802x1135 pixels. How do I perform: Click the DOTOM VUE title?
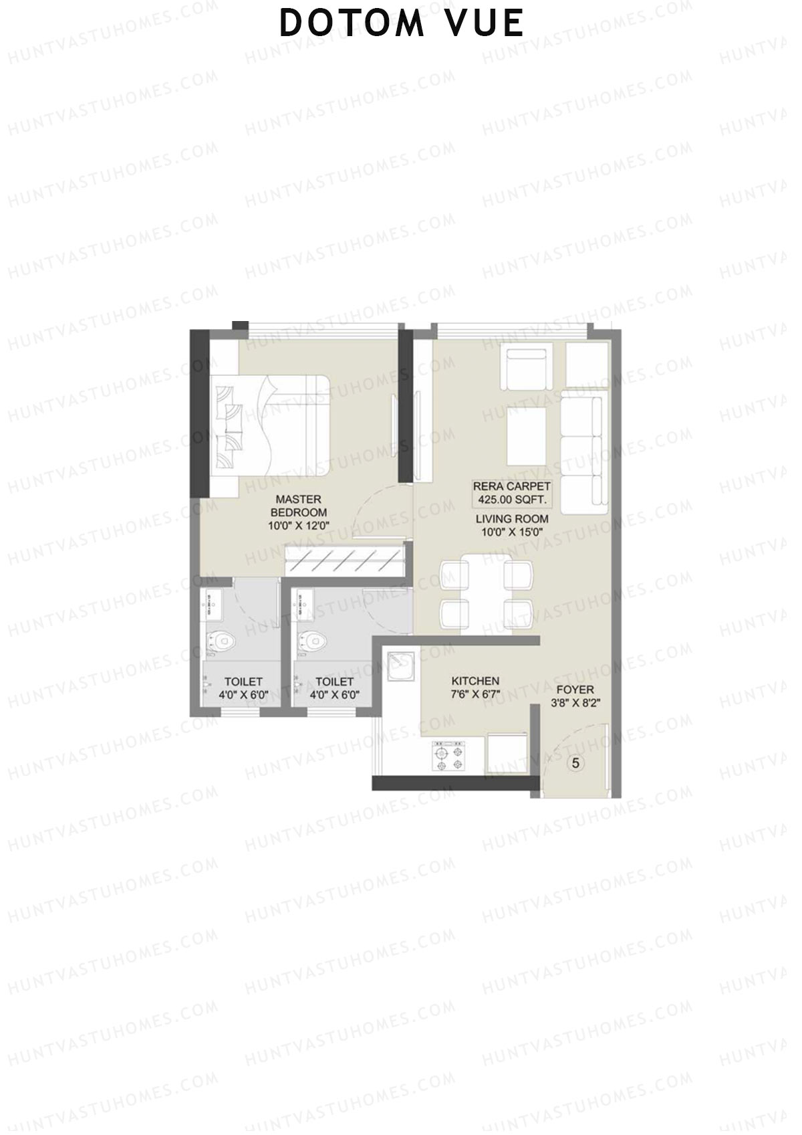[401, 23]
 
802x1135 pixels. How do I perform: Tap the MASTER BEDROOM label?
[298, 506]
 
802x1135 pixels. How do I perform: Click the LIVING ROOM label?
[512, 519]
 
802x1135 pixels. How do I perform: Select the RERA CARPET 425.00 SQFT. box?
[512, 493]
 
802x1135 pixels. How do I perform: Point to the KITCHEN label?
[475, 681]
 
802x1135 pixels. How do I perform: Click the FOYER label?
[574, 690]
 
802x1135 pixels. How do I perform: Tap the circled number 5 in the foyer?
[576, 762]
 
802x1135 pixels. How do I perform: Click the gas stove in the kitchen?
[449, 756]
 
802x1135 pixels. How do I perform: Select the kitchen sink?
[401, 666]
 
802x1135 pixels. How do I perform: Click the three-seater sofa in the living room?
[583, 455]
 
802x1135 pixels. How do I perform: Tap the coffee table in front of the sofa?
[527, 436]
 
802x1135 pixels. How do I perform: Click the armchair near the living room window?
[526, 369]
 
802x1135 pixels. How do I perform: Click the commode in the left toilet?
[220, 643]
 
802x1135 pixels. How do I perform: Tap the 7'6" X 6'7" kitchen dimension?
[475, 694]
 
